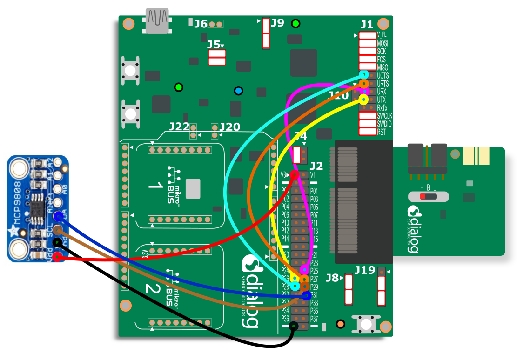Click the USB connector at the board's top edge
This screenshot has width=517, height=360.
coord(157,21)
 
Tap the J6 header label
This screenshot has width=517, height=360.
coord(201,24)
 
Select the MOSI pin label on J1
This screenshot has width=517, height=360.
coord(383,43)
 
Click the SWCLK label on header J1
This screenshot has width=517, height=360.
coord(384,116)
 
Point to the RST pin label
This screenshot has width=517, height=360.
coord(381,132)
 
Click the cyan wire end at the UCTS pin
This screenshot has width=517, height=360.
coord(364,74)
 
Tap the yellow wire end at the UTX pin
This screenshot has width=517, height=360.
coord(363,99)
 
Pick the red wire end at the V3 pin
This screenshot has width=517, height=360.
coord(294,175)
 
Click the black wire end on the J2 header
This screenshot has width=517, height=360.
coord(293,326)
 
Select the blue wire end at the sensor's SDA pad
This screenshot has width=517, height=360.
coord(58,216)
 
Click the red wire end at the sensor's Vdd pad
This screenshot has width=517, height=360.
coord(57,256)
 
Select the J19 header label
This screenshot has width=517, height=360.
coord(364,270)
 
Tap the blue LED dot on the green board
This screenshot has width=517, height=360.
coord(239,91)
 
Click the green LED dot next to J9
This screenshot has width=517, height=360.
coord(295,23)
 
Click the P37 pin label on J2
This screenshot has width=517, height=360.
coord(314,319)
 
